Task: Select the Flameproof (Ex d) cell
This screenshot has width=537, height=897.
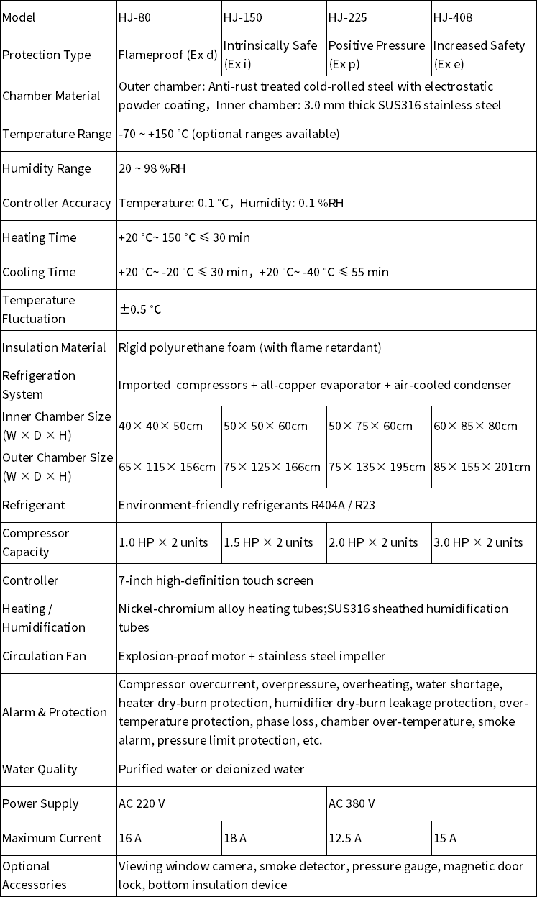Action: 167,55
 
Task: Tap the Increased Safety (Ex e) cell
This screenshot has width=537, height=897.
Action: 479,55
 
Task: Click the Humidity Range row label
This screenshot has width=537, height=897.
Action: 47,168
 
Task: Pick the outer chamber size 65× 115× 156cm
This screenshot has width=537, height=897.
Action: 167,467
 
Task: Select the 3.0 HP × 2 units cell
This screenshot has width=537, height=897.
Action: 478,542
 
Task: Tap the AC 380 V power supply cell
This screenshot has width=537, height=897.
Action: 352,803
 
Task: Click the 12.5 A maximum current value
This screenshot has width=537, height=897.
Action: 345,838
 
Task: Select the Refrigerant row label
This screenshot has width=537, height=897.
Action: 34,505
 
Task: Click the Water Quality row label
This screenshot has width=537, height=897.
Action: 40,769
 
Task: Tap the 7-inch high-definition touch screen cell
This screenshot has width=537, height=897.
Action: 216,580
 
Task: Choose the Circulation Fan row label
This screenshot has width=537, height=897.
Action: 44,656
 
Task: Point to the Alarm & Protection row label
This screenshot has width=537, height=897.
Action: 55,712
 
